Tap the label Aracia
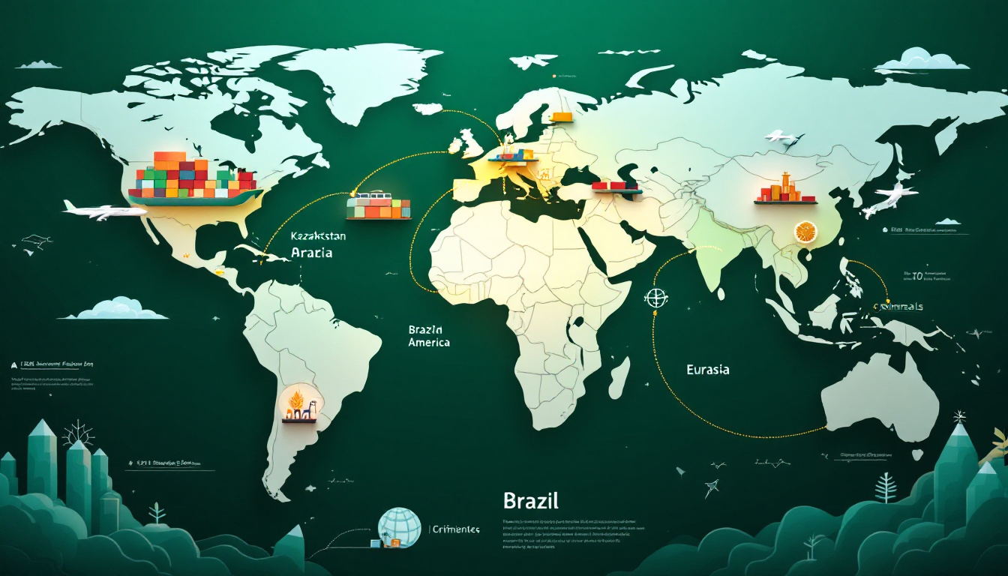(311, 253)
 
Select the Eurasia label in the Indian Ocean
(707, 369)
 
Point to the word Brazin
(426, 329)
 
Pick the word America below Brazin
(429, 342)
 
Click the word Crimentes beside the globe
(455, 529)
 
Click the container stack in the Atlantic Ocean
(379, 206)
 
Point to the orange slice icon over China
(806, 232)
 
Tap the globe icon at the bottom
(400, 528)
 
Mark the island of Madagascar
(619, 376)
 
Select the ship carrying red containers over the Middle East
(616, 186)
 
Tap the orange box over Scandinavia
(561, 117)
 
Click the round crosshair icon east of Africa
(655, 297)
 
